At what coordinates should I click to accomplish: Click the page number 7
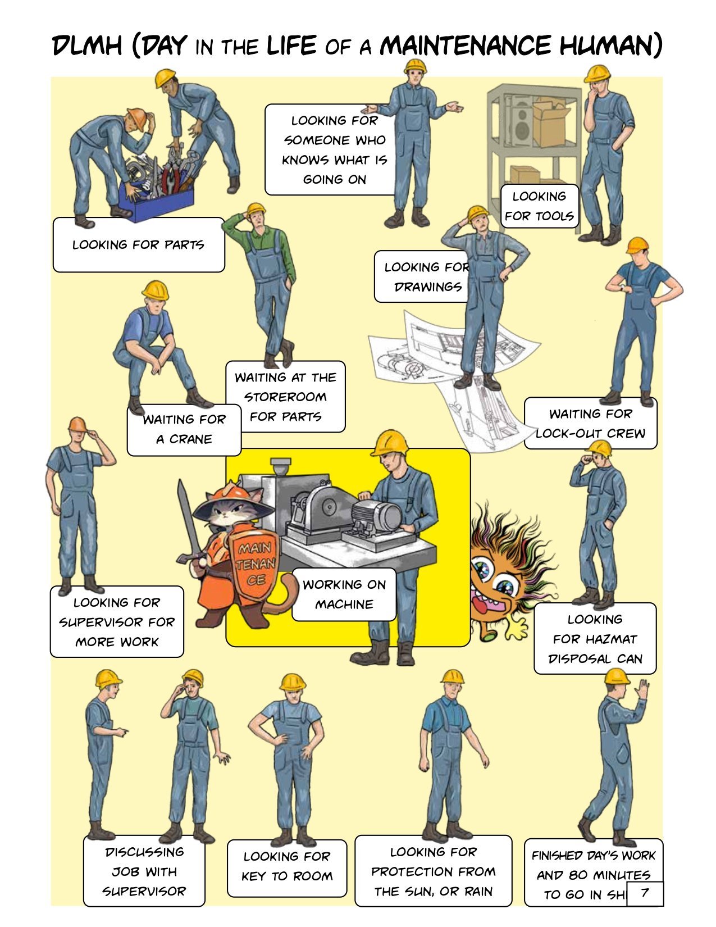tap(644, 892)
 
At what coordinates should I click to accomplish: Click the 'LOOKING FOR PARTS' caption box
tap(139, 244)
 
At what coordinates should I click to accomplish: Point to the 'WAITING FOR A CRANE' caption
tap(184, 430)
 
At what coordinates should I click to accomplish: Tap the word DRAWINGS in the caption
tap(428, 287)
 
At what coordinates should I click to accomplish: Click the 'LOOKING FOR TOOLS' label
tap(540, 206)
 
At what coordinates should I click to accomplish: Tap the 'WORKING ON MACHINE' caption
tap(344, 594)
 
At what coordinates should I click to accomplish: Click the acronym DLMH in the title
tap(87, 46)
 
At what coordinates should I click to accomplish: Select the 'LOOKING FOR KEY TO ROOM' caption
tap(287, 866)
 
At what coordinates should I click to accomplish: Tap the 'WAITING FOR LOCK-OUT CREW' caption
tap(591, 423)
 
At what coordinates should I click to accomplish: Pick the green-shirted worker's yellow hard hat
tap(256, 208)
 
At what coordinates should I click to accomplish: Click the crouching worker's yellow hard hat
tap(155, 290)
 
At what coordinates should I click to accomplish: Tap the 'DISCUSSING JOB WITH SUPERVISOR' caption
tap(144, 871)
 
